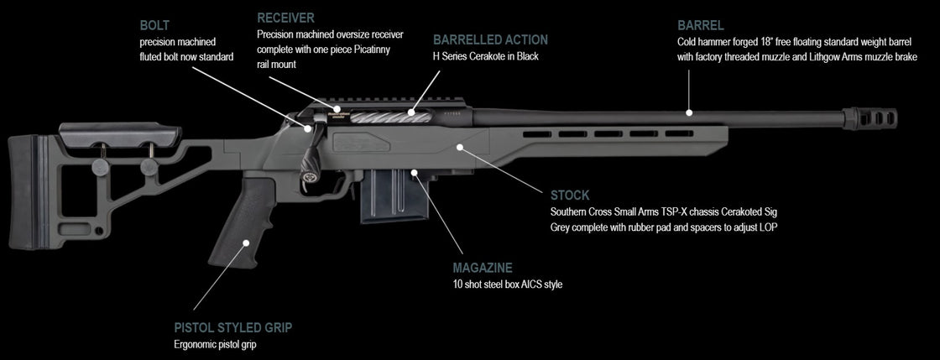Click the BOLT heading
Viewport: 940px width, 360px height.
tap(154, 25)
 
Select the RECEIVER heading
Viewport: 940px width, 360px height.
tap(285, 18)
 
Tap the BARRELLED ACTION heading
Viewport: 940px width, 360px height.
tap(490, 39)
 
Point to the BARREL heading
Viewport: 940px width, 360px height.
tap(700, 25)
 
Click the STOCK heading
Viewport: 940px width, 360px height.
tap(570, 196)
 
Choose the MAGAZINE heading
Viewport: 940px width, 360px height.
tap(483, 268)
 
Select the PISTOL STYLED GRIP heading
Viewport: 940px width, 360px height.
tap(233, 327)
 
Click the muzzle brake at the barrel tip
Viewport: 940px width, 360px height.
tap(869, 118)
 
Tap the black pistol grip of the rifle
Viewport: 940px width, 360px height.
tap(240, 222)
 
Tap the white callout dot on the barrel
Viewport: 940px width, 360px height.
tap(689, 112)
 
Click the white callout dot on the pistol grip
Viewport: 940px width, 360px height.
tap(245, 243)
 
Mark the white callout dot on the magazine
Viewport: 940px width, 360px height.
tap(415, 173)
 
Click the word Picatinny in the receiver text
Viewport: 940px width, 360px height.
tap(373, 50)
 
